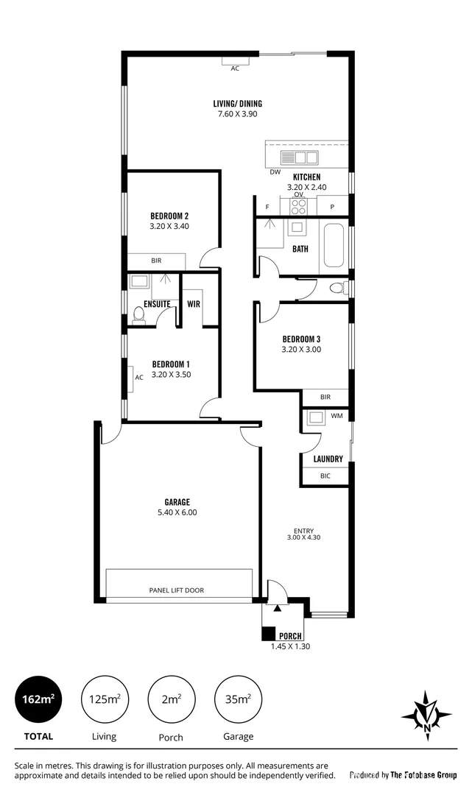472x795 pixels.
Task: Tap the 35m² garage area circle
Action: [239, 699]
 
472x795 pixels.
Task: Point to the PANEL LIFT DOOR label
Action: [177, 590]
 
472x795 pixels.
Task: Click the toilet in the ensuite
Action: [138, 316]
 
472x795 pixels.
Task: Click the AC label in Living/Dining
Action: [235, 68]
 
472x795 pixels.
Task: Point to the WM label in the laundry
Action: [337, 417]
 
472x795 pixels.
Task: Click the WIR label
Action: [194, 303]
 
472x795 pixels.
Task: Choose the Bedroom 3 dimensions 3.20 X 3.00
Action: [301, 350]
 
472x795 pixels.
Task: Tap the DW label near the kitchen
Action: [275, 172]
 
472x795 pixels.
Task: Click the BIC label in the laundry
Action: [325, 476]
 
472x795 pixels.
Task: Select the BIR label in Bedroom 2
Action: [156, 261]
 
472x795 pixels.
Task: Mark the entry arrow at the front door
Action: [276, 608]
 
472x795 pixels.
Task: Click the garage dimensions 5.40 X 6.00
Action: [177, 512]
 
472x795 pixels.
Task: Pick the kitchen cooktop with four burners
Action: [298, 205]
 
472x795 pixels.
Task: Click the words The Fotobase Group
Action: [423, 774]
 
